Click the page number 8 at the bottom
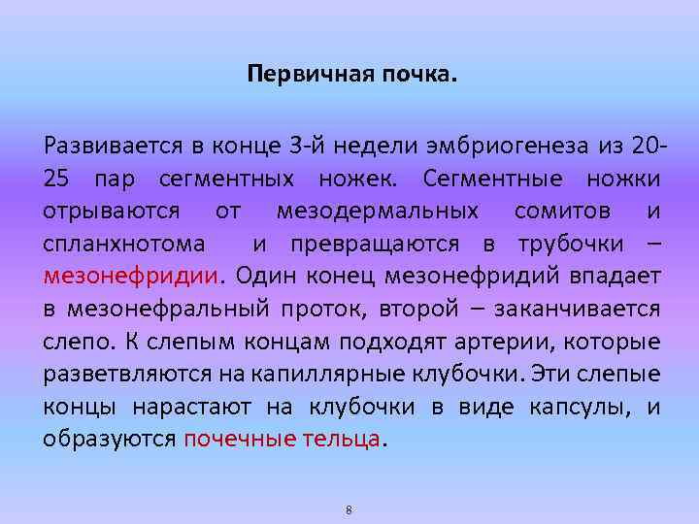(349, 509)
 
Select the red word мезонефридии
(131, 275)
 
